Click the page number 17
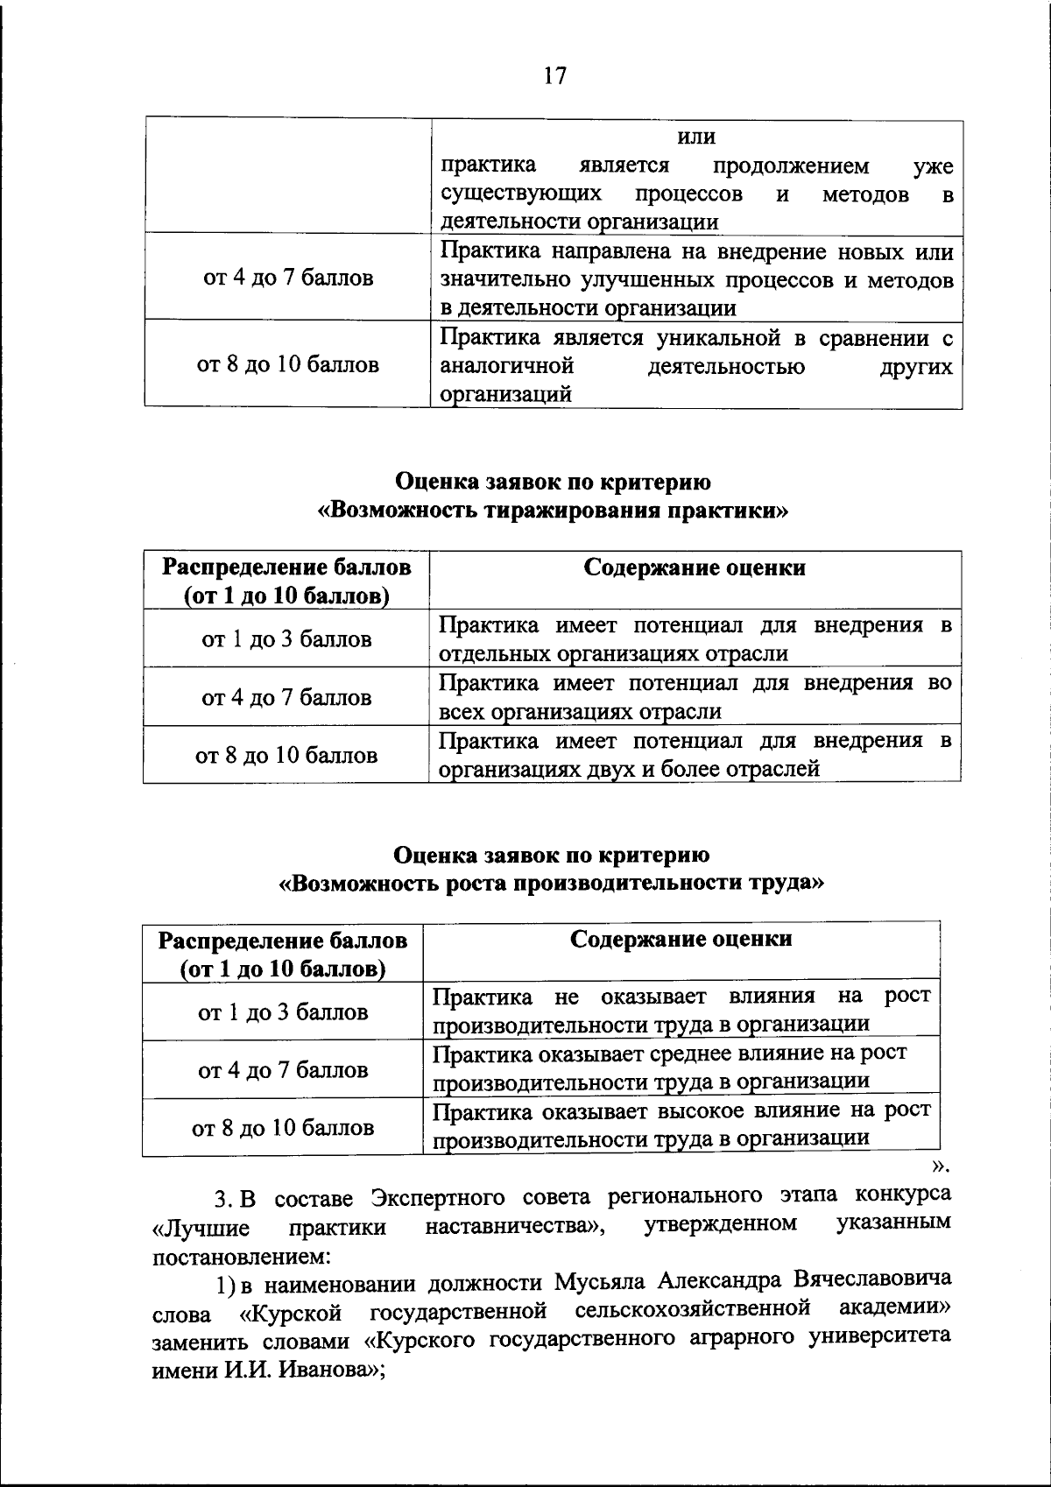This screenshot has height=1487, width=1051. (x=554, y=76)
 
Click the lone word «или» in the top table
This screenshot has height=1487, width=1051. (x=697, y=137)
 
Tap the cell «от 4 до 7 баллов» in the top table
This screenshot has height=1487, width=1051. (x=288, y=278)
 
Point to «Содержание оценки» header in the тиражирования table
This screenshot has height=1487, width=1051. (x=695, y=567)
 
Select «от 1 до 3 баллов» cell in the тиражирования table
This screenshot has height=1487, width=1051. (x=286, y=639)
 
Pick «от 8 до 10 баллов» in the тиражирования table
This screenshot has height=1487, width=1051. (x=286, y=755)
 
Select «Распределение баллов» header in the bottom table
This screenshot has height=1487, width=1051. (x=282, y=941)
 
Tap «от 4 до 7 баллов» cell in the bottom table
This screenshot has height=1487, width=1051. (x=283, y=1070)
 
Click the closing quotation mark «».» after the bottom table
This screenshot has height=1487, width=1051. (x=940, y=1166)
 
